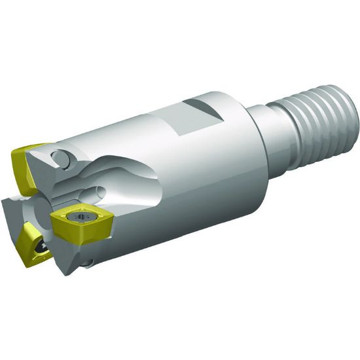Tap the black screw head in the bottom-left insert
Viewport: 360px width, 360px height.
click(x=40, y=247)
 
